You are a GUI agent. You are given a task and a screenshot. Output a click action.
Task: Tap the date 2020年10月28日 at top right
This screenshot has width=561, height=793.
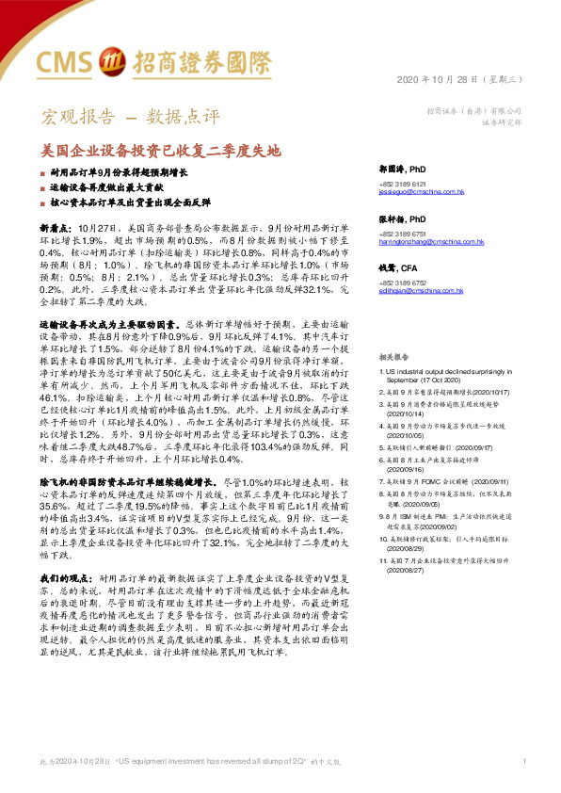pyautogui.click(x=451, y=78)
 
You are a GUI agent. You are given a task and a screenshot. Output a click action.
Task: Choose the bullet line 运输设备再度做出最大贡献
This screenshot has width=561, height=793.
pyautogui.click(x=112, y=188)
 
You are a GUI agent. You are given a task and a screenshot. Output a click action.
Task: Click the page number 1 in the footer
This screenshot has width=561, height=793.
pyautogui.click(x=522, y=760)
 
